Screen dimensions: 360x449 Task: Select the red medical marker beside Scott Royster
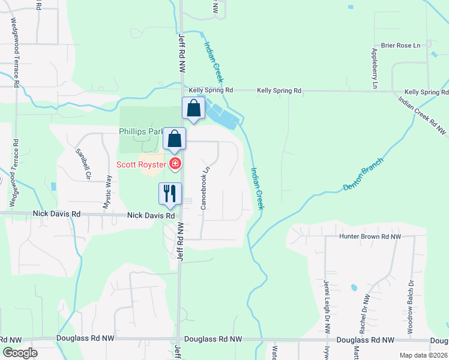(175, 164)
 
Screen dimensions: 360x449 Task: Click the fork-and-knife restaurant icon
(170, 193)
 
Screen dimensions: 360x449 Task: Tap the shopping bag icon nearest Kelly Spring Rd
(194, 109)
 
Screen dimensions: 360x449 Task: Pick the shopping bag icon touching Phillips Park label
(174, 139)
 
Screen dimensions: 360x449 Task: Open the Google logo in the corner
(19, 353)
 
